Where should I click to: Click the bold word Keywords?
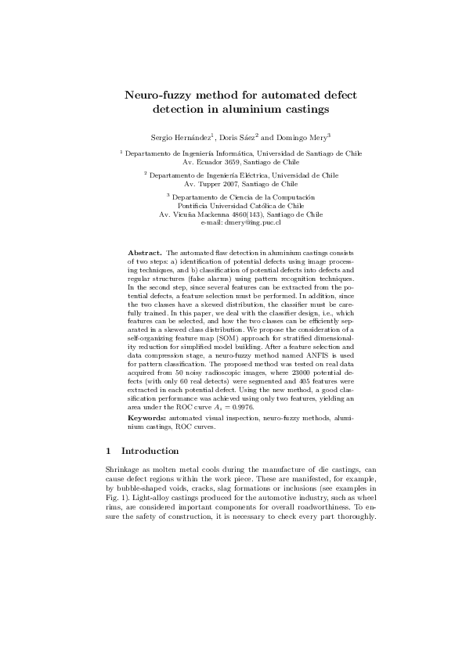point(146,419)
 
